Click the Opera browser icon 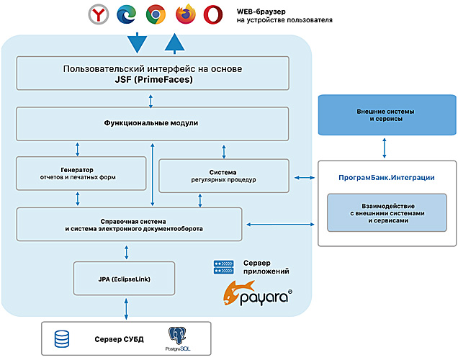212,14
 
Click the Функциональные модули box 152,123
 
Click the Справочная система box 129,224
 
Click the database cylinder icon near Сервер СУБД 63,338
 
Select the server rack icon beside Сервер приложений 224,267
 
